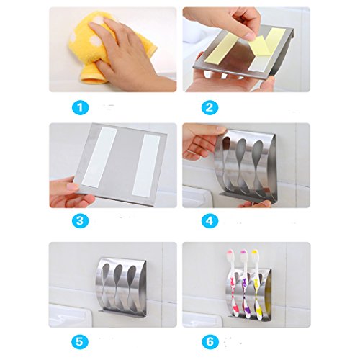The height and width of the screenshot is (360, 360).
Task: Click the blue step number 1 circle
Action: click(81, 107)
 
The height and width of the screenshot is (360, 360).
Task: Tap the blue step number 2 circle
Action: click(210, 107)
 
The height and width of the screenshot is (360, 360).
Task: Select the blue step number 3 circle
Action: click(81, 221)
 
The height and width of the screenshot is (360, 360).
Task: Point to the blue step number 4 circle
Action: click(210, 221)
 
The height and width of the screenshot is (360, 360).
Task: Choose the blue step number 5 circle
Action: click(81, 341)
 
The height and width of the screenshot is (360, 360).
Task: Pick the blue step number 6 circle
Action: click(210, 341)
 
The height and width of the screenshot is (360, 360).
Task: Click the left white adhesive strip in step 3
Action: click(99, 157)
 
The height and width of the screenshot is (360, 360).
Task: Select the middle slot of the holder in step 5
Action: click(118, 286)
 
